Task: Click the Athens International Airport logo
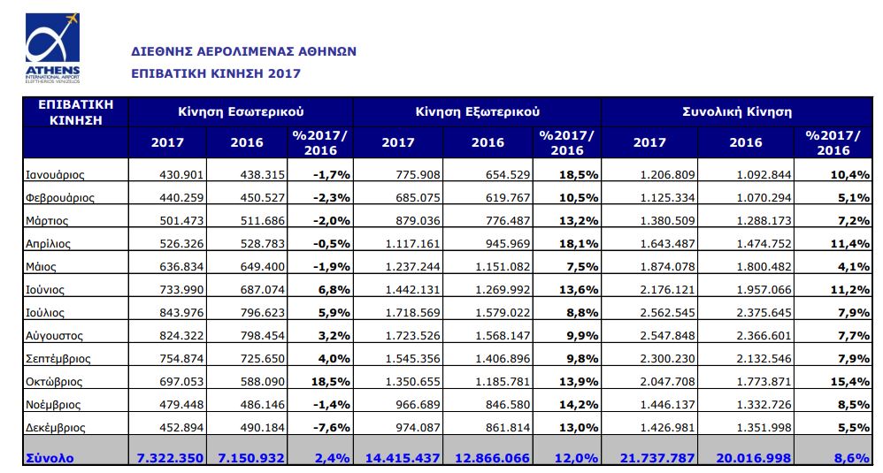click(x=52, y=49)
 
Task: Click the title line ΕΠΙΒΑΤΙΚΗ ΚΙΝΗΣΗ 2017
click(x=216, y=73)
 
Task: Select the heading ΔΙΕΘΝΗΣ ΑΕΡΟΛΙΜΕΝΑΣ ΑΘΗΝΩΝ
click(x=244, y=51)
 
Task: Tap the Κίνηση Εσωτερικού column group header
click(x=241, y=111)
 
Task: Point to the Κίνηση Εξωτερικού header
click(x=478, y=111)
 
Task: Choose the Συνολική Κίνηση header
click(x=737, y=111)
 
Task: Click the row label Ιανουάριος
click(x=55, y=175)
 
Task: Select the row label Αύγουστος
click(x=54, y=336)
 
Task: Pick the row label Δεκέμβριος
click(x=55, y=427)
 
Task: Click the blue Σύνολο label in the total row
click(x=50, y=458)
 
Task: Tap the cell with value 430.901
click(x=181, y=175)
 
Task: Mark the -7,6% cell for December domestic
click(x=332, y=427)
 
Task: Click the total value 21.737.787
click(x=657, y=458)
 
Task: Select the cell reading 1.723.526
click(x=413, y=336)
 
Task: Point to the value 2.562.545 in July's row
click(x=667, y=313)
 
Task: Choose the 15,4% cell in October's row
click(x=849, y=382)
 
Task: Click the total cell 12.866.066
click(x=492, y=458)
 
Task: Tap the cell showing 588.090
click(x=263, y=382)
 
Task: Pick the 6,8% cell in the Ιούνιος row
click(x=334, y=290)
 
